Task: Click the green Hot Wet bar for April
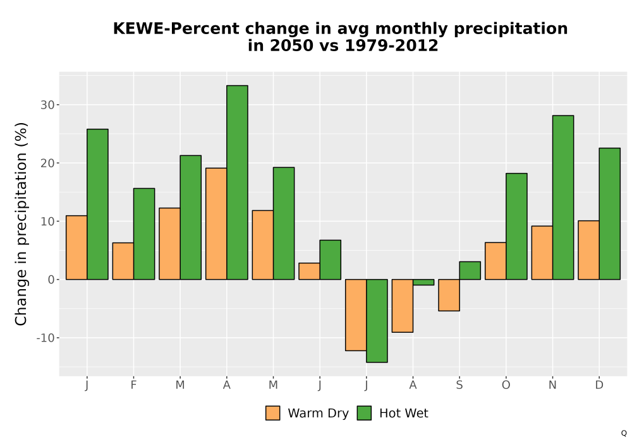pyautogui.click(x=237, y=182)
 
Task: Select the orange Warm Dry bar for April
pyautogui.click(x=216, y=224)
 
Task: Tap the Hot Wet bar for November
pyautogui.click(x=563, y=197)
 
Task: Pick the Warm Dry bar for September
pyautogui.click(x=449, y=295)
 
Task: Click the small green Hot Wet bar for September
pyautogui.click(x=470, y=270)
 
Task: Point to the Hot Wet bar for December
pyautogui.click(x=609, y=214)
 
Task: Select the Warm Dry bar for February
pyautogui.click(x=123, y=261)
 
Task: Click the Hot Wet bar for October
pyautogui.click(x=516, y=226)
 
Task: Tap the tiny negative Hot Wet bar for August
pyautogui.click(x=423, y=282)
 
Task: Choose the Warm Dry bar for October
pyautogui.click(x=495, y=261)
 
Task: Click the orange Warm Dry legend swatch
pyautogui.click(x=272, y=413)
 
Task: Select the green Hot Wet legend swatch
pyautogui.click(x=364, y=413)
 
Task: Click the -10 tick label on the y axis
pyautogui.click(x=45, y=338)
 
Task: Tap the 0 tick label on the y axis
pyautogui.click(x=51, y=279)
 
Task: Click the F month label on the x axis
pyautogui.click(x=133, y=385)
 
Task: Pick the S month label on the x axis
pyautogui.click(x=459, y=385)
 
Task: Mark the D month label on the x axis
pyautogui.click(x=599, y=385)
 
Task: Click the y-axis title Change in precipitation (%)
pyautogui.click(x=21, y=224)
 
